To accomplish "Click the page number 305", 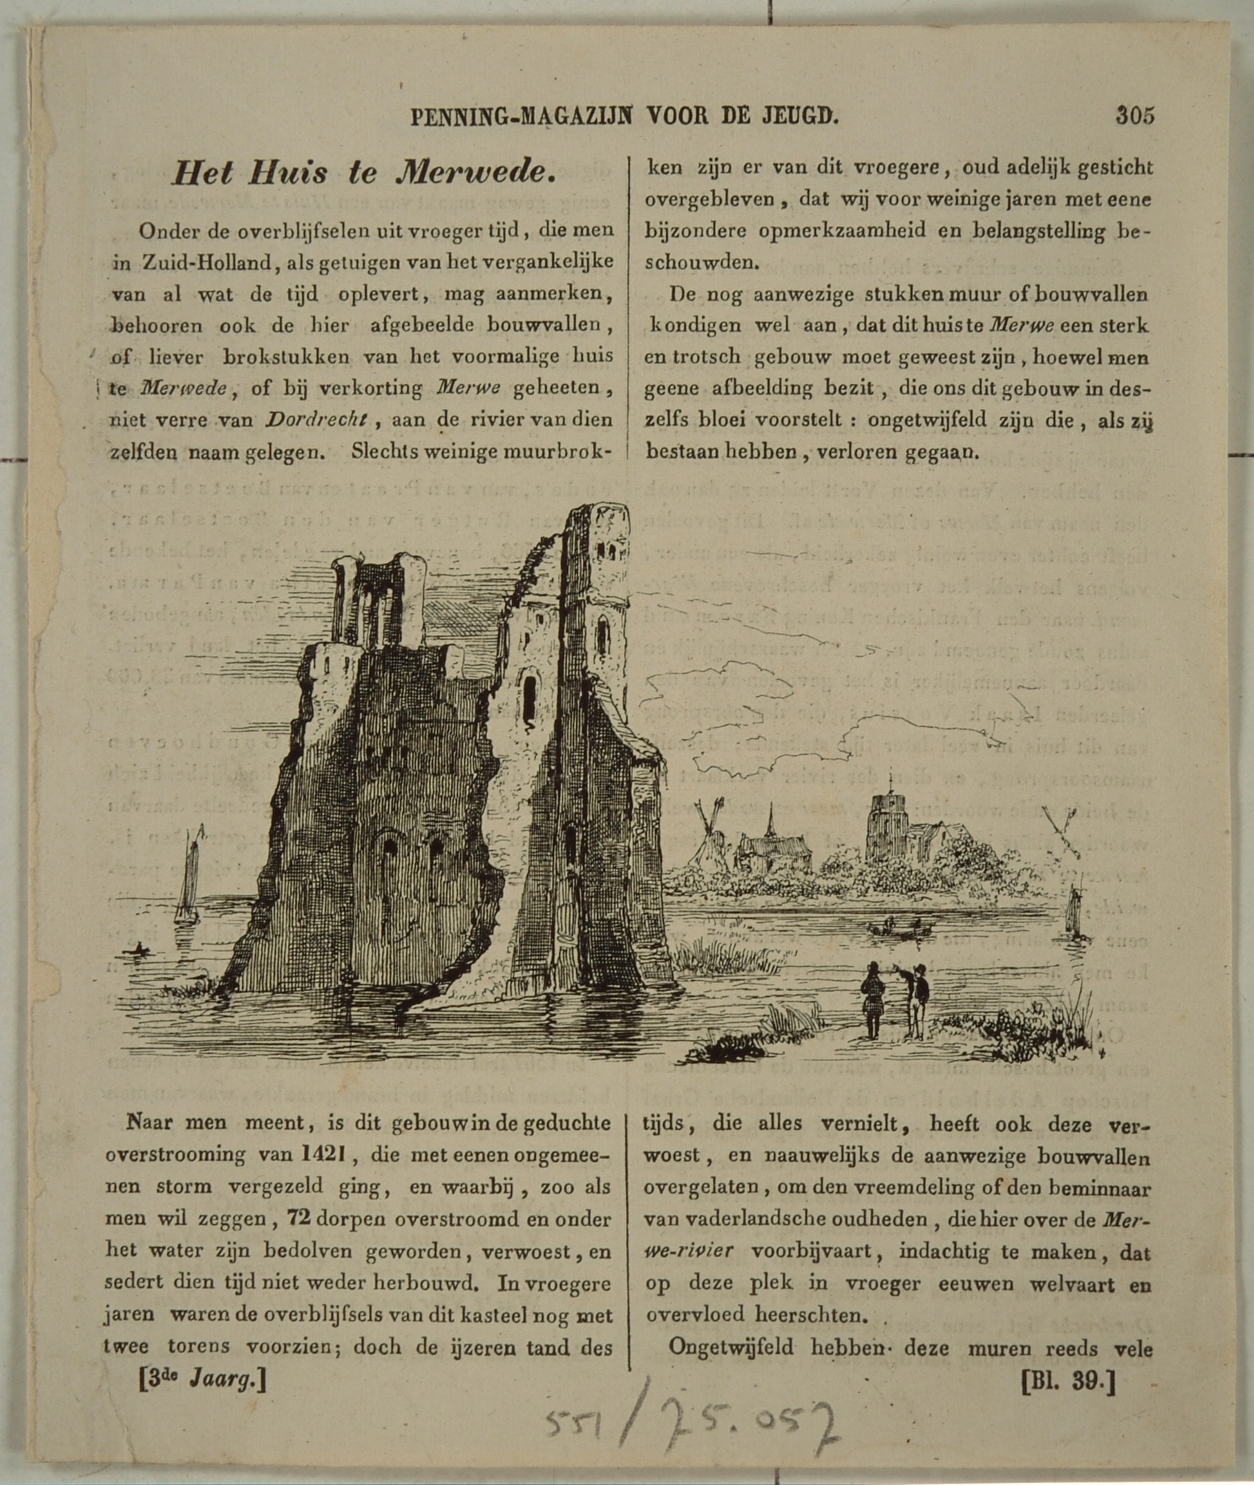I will pos(1134,115).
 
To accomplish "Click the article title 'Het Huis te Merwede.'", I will pos(364,173).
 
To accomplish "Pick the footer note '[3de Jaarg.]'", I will pos(202,1379).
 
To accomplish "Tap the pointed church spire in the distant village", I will pos(771,823).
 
